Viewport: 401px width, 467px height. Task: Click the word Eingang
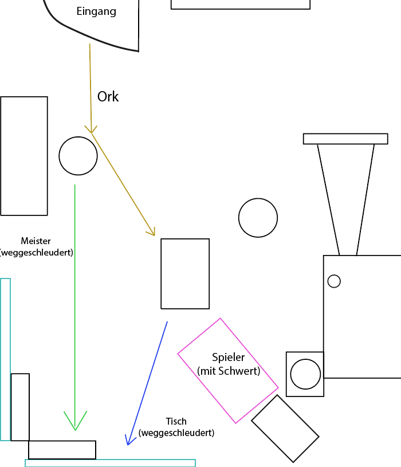tap(96, 11)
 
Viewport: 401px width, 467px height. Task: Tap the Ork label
tap(108, 97)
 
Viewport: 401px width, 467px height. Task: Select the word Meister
tap(36, 241)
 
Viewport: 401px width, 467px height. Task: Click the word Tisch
tap(176, 422)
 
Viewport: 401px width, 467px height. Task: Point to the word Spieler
tap(228, 358)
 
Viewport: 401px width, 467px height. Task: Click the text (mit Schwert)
tap(229, 371)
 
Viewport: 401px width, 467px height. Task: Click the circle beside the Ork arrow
tap(78, 156)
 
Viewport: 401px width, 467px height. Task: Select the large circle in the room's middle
tap(258, 218)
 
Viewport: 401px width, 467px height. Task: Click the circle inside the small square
tap(305, 374)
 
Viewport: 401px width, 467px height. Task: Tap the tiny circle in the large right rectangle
tap(334, 281)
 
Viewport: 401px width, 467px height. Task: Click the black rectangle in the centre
tap(185, 274)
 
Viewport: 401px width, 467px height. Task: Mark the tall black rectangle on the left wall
tap(24, 156)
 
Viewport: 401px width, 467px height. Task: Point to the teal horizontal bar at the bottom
tap(110, 463)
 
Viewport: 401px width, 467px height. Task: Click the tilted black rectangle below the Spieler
tap(285, 429)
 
